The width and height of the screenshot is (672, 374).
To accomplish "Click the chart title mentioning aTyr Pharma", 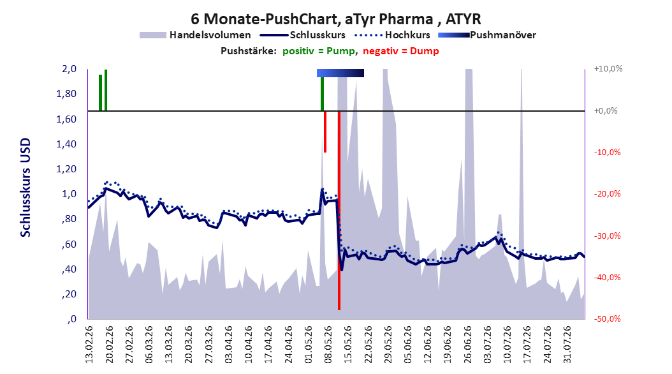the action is point(335,19).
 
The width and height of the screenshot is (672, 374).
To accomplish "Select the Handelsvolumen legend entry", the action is point(195,35).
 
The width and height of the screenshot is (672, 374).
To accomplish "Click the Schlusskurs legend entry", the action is point(303,35).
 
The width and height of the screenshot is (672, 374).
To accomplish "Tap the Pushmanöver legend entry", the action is point(487,35).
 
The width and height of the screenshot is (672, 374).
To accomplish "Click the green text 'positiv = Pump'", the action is point(319,51).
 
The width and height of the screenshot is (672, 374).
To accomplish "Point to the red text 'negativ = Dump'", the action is point(401,51).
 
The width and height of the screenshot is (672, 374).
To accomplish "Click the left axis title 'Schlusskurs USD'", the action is point(26,188).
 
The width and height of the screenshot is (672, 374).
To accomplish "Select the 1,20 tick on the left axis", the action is point(66,169).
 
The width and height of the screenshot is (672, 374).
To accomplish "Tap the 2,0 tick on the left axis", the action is point(69,69).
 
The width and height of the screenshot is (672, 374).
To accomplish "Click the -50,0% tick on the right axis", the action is point(607,318).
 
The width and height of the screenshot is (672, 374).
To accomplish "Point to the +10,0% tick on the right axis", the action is point(608,69).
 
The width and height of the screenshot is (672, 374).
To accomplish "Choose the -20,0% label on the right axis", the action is point(607,193).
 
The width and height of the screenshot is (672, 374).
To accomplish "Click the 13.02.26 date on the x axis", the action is point(89,345).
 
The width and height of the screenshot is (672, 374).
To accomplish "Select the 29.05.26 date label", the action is point(388,345).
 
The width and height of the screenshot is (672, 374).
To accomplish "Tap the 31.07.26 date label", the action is point(567,345).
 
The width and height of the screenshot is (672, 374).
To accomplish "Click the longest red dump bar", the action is point(339,210).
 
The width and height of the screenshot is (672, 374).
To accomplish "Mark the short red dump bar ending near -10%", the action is point(325,131).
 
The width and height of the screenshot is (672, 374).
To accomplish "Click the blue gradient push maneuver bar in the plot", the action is point(340,73).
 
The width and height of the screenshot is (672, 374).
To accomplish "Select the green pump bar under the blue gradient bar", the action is point(322,94).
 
